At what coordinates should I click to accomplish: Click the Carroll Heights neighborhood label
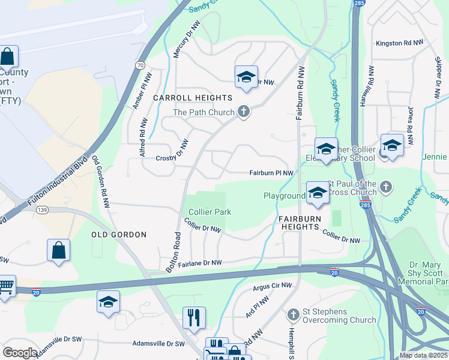(x=193, y=98)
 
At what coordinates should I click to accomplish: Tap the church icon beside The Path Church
(x=244, y=111)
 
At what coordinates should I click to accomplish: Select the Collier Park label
(x=209, y=212)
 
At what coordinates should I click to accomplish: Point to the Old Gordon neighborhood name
(x=119, y=235)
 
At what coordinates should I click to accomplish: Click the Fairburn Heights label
(x=299, y=223)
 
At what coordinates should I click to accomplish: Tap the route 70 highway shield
(x=140, y=65)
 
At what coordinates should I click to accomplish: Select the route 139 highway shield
(x=41, y=209)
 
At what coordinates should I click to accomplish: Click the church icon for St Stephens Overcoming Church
(x=293, y=314)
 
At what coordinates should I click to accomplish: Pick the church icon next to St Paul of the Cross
(x=386, y=187)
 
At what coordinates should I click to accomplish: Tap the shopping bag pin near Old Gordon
(x=58, y=250)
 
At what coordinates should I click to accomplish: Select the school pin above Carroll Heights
(x=246, y=77)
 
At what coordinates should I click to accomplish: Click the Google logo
(x=20, y=352)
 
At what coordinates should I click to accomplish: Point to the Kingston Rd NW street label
(x=400, y=43)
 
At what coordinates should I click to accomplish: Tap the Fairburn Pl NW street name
(x=271, y=173)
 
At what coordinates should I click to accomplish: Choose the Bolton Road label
(x=173, y=252)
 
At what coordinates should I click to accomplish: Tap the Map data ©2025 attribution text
(x=423, y=355)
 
